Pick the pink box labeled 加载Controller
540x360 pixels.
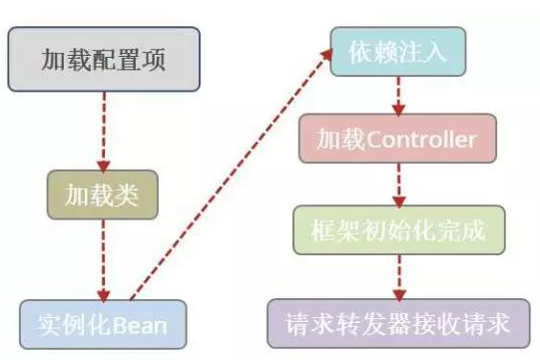coord(396,140)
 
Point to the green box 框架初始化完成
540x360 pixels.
coord(396,230)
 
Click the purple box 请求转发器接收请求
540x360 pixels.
coord(396,323)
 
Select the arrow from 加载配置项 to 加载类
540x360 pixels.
coord(102,130)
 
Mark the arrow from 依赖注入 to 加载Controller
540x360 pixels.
coord(398,96)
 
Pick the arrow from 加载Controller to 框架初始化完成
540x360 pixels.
coord(398,184)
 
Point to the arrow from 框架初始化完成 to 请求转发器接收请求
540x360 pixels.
coord(398,276)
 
